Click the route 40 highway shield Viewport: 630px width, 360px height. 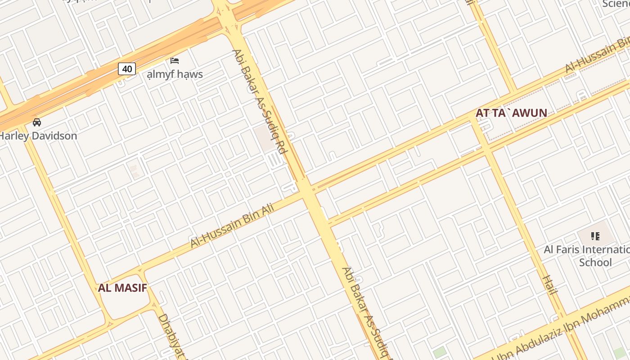[127, 69]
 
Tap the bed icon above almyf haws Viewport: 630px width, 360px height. [175, 61]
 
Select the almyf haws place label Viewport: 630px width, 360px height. [175, 74]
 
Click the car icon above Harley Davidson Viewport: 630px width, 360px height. [37, 122]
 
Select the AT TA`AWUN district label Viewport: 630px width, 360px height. [511, 113]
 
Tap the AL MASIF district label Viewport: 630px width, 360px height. [122, 288]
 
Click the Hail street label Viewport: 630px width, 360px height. [550, 285]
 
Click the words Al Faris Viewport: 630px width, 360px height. [559, 250]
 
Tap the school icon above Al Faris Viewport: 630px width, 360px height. [595, 236]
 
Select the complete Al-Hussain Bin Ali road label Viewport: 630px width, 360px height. [232, 225]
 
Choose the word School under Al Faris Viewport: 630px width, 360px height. [595, 262]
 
